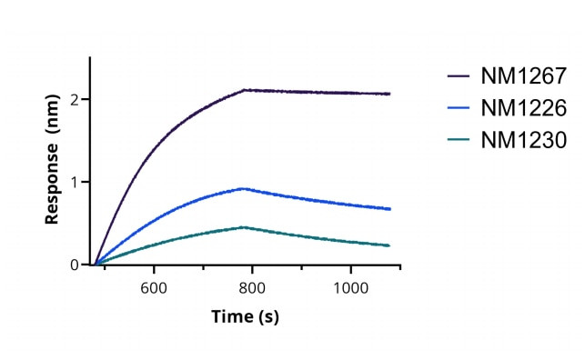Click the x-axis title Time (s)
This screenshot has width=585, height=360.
coord(245,316)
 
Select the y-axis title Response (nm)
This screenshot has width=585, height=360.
coord(52,165)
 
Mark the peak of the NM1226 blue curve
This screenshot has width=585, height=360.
coord(243,188)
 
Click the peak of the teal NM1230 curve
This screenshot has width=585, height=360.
coord(243,227)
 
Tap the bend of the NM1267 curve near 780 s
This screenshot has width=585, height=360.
coord(244,90)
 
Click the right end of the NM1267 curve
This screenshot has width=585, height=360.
coord(389,94)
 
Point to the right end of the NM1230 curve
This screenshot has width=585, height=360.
coord(389,245)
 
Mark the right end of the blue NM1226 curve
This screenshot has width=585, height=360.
coord(389,209)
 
